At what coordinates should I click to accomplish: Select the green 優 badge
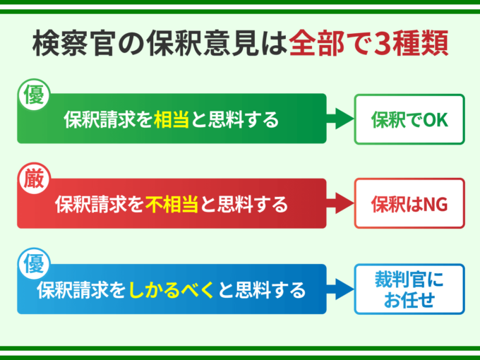coord(32,95)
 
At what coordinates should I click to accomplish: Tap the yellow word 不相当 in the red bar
coord(172,205)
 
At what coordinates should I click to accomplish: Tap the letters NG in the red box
coord(434,205)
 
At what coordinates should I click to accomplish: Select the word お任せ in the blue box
coord(409,301)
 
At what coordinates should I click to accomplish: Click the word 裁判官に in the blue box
coord(409,280)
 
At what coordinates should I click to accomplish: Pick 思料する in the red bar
coord(252,205)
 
